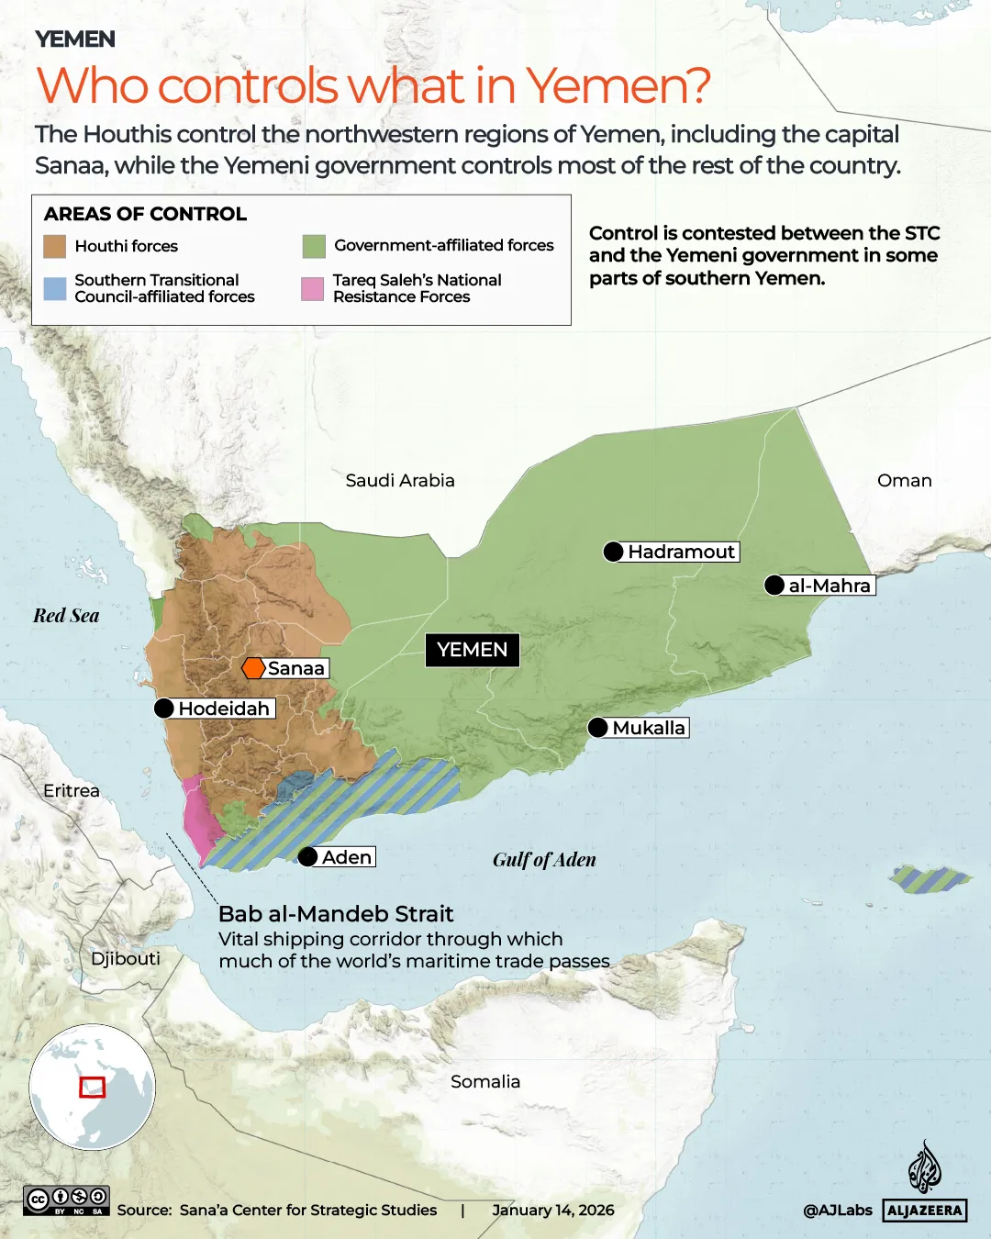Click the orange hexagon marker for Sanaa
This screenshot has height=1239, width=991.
coord(253,668)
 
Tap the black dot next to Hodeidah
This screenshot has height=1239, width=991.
coord(164,709)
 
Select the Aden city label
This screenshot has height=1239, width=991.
coord(347,857)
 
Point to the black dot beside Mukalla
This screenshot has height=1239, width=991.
coord(598,728)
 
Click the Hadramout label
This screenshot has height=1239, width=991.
coord(681,552)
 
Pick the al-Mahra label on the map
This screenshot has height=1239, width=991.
coord(830,586)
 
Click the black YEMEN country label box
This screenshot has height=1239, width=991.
coord(472,650)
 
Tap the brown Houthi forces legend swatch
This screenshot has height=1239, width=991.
coord(55,246)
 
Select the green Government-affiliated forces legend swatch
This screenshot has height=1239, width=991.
coord(314,246)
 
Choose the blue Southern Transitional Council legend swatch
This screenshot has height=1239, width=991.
coord(55,289)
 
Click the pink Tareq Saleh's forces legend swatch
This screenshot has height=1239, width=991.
coord(313,289)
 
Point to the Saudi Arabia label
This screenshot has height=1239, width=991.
coord(400,480)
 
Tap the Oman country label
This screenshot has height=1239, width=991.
coord(904,480)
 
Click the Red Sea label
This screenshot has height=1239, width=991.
coord(66,616)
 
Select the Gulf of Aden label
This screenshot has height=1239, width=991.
coord(544,860)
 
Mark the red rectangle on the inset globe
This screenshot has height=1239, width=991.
coord(92,1087)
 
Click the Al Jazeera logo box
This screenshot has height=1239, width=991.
coord(925,1211)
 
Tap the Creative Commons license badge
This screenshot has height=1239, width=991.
coord(67,1200)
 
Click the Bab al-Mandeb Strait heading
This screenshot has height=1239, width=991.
coord(336,914)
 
